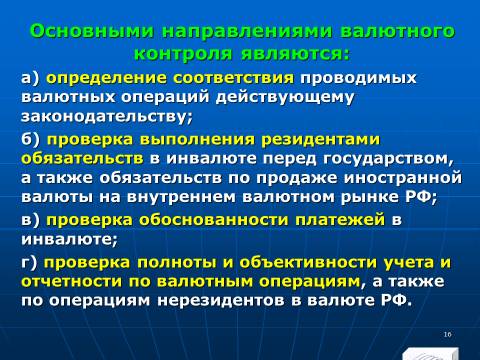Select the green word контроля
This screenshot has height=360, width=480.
[x=183, y=54]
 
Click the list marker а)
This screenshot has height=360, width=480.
[x=30, y=79]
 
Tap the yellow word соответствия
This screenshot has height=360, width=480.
[x=234, y=79]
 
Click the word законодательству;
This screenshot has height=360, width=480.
[x=107, y=117]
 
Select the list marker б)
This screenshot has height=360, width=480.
[x=31, y=139]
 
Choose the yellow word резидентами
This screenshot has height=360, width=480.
[x=320, y=140]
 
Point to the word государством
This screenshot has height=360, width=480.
[x=388, y=159]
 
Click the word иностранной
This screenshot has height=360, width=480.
[x=403, y=178]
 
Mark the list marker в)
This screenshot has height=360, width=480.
[x=30, y=220]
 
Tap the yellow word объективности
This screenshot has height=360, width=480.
[x=308, y=263]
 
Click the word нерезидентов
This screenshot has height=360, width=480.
[x=221, y=301]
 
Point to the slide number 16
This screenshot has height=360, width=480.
[x=447, y=334]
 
